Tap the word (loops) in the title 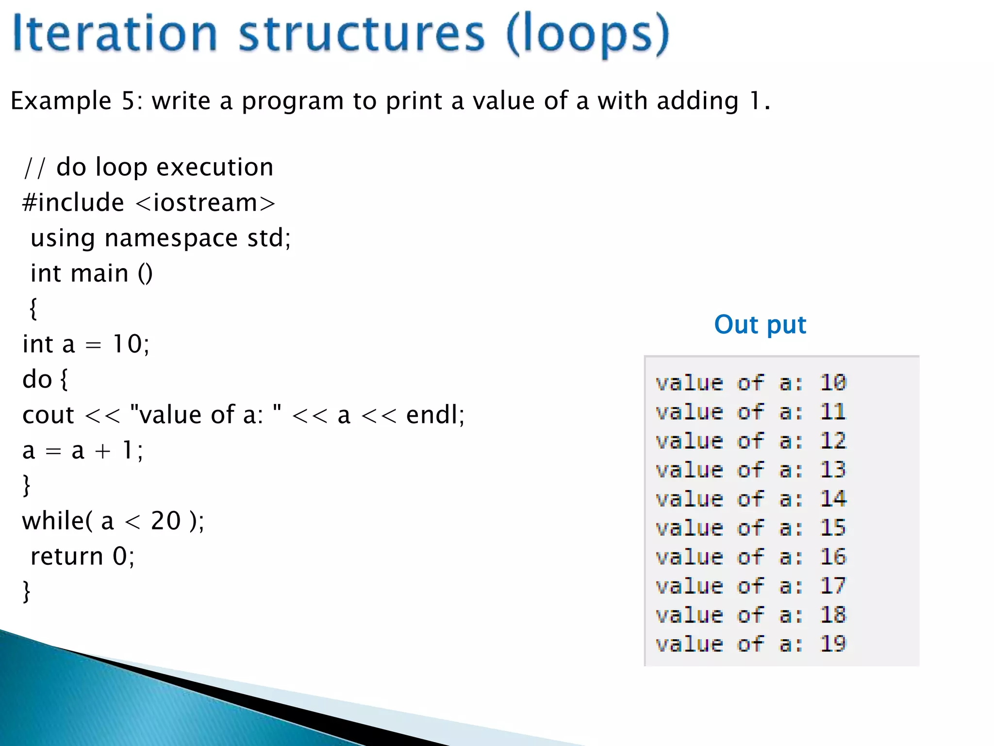click(587, 35)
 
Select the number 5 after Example click(128, 101)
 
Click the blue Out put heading click(760, 324)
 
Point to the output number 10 click(833, 383)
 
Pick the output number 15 click(833, 528)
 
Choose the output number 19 click(833, 644)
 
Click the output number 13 click(833, 470)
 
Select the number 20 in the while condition click(166, 521)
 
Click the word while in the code click(53, 521)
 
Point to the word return click(66, 557)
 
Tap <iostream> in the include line click(206, 203)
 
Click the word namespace click(171, 238)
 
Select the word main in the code click(99, 273)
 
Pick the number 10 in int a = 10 click(127, 344)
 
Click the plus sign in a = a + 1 click(102, 451)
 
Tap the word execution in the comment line click(215, 167)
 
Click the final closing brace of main click(27, 592)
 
